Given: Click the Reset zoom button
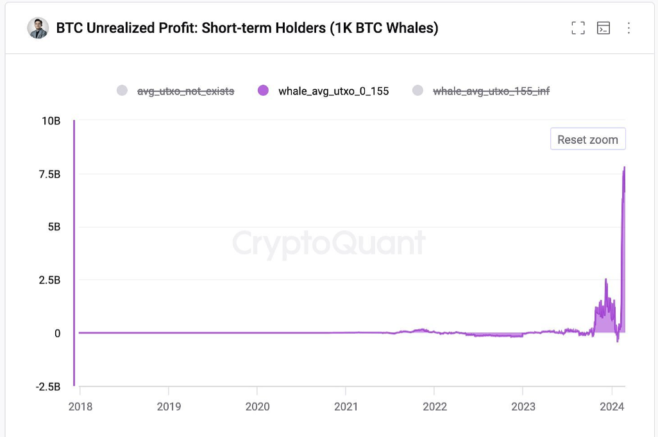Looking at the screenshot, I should [587, 139].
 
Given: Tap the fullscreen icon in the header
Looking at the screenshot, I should [578, 28].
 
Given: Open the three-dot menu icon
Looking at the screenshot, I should [628, 28].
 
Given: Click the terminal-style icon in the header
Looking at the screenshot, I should [603, 28].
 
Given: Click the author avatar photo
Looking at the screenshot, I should [38, 28].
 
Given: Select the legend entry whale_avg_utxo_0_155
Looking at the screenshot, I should [333, 90].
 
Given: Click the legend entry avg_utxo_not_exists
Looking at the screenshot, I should [186, 90].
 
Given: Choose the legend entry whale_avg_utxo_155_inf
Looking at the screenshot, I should [491, 90].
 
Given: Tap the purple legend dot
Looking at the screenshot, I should [263, 90].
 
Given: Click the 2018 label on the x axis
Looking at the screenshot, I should [80, 406].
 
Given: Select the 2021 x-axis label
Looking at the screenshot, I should [346, 406].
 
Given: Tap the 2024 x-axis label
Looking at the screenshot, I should [611, 406].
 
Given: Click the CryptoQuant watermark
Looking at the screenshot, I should [328, 243].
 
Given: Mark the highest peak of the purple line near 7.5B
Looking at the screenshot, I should [625, 167].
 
